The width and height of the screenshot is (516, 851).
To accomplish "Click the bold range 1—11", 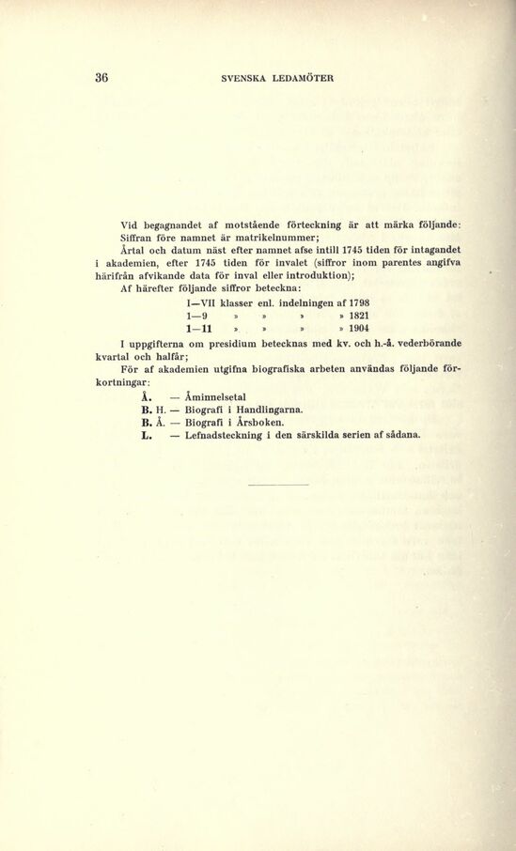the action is (x=198, y=330).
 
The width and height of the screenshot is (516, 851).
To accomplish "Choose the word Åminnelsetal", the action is (x=215, y=396).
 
